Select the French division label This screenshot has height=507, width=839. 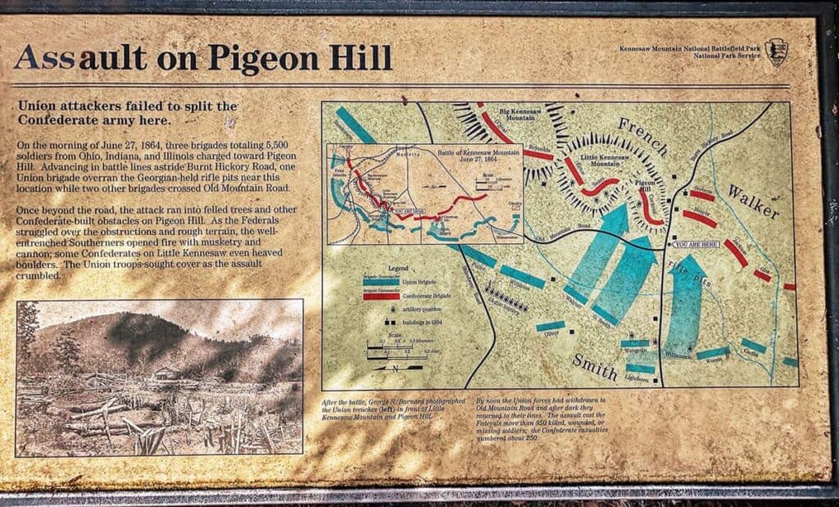pos(644,136)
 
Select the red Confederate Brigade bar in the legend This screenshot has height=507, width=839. pos(381,296)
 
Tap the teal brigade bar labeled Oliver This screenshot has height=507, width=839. pos(551,326)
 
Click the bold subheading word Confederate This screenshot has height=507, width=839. pos(63,120)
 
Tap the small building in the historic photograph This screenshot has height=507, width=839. pos(167,373)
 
